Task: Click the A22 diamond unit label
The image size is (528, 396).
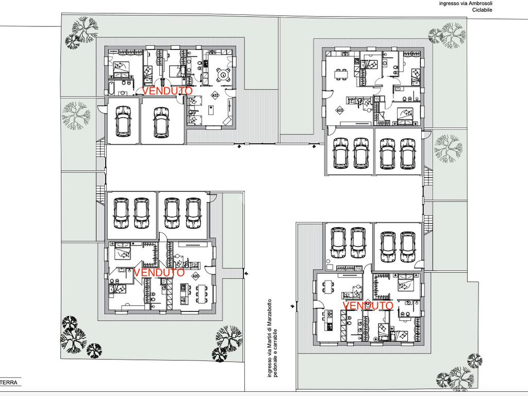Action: [215, 95]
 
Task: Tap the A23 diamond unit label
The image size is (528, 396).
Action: [340, 110]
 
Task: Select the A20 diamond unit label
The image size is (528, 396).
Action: [196, 276]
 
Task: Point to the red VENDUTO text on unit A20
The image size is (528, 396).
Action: [159, 272]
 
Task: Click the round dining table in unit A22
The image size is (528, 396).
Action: [224, 74]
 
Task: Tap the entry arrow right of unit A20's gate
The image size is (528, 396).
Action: [248, 273]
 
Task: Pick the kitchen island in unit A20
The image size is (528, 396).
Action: [182, 293]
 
